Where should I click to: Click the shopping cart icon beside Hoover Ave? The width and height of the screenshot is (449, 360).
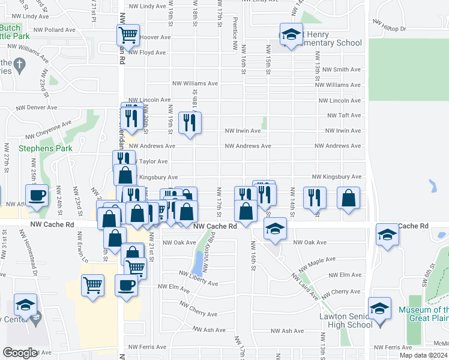pyautogui.click(x=127, y=35)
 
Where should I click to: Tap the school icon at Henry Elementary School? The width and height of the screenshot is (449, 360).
pyautogui.click(x=291, y=35)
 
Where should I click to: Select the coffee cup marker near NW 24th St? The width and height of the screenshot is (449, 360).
pyautogui.click(x=37, y=195)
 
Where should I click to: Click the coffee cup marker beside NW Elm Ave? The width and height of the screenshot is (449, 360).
pyautogui.click(x=127, y=285)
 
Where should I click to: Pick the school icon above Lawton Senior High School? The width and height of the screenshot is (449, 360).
pyautogui.click(x=379, y=309)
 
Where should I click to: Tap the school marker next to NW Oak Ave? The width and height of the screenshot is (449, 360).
pyautogui.click(x=276, y=229)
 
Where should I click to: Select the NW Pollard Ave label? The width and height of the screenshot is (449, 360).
pyautogui.click(x=55, y=29)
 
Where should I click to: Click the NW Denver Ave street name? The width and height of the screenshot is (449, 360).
pyautogui.click(x=37, y=108)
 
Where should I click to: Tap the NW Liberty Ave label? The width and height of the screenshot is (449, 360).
pyautogui.click(x=199, y=278)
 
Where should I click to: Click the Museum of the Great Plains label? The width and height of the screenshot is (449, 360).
pyautogui.click(x=423, y=314)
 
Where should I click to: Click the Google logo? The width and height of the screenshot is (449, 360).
pyautogui.click(x=20, y=353)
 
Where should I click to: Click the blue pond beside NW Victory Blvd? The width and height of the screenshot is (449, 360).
pyautogui.click(x=198, y=262)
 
